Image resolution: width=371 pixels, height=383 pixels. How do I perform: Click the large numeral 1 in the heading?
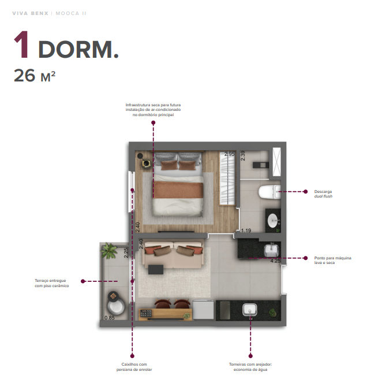tap(22, 46)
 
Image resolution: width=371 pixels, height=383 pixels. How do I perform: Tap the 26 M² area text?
tap(35, 76)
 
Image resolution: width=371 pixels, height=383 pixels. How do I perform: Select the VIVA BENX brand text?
tap(30, 13)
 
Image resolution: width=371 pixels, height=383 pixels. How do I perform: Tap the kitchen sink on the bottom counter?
tap(250, 310)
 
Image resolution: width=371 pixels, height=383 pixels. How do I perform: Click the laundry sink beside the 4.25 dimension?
tap(271, 250)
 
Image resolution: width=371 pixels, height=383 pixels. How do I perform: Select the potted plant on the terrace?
tap(108, 251)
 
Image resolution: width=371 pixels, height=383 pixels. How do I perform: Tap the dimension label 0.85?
tap(109, 318)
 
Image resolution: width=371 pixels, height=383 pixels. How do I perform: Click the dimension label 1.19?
tap(246, 230)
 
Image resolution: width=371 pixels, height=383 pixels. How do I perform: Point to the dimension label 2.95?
tap(229, 154)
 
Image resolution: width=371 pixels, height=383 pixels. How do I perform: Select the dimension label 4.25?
tap(275, 261)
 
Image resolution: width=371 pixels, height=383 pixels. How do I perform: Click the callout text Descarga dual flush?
tap(325, 194)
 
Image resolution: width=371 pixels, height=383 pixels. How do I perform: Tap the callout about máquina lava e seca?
tap(332, 260)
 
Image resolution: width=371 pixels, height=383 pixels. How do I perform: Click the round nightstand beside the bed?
tap(147, 163)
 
